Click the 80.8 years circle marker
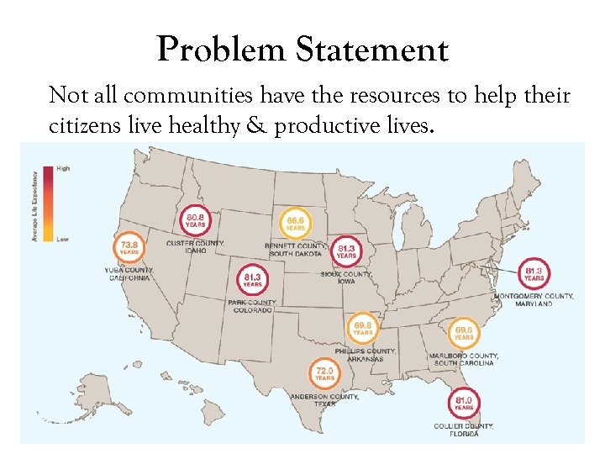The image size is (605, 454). pyautogui.click(x=195, y=219)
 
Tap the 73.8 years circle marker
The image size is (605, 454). pyautogui.click(x=129, y=246)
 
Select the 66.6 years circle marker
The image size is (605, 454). pyautogui.click(x=295, y=223)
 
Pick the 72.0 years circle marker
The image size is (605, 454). pyautogui.click(x=324, y=372)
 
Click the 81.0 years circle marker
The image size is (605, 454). pyautogui.click(x=463, y=403)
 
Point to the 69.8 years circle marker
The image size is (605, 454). pyautogui.click(x=362, y=328)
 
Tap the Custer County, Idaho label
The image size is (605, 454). pyautogui.click(x=196, y=246)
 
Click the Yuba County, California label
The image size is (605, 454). pyautogui.click(x=128, y=273)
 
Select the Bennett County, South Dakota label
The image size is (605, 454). pyautogui.click(x=294, y=250)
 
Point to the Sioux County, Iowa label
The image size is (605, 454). pyautogui.click(x=345, y=277)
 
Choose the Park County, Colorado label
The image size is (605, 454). pyautogui.click(x=252, y=306)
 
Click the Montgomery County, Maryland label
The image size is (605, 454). pyautogui.click(x=534, y=299)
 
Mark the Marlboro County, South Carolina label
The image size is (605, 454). pyautogui.click(x=464, y=359)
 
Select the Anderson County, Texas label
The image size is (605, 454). pyautogui.click(x=324, y=399)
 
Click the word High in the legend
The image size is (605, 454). pyautogui.click(x=62, y=169)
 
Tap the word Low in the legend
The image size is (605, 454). pyautogui.click(x=62, y=239)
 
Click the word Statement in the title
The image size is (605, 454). pyautogui.click(x=371, y=51)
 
